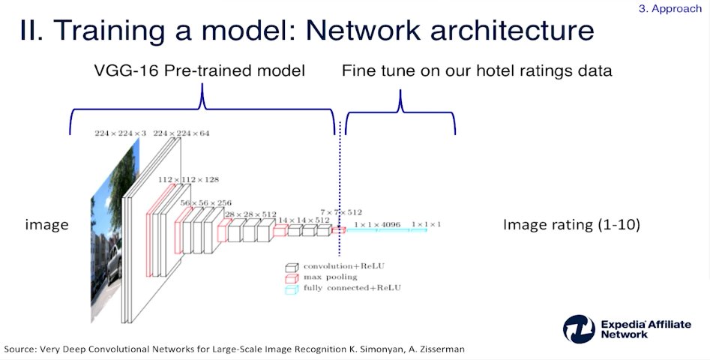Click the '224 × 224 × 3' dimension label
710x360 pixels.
(x=121, y=133)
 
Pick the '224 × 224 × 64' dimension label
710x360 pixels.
(x=181, y=133)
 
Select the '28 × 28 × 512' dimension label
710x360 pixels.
(x=250, y=215)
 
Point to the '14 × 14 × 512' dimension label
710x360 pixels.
(x=304, y=220)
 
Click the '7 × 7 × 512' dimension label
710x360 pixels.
(x=341, y=212)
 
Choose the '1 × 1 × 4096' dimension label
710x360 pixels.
(x=376, y=224)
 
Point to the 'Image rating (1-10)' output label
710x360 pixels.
(x=571, y=224)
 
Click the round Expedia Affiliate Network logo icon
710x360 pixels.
(x=579, y=329)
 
